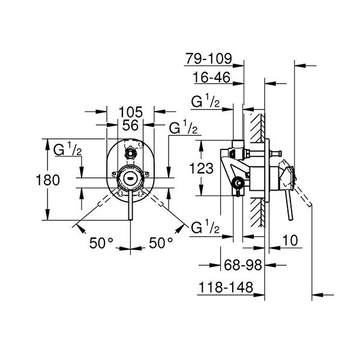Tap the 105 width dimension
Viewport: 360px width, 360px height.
tap(130, 111)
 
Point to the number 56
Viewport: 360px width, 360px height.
tap(130, 125)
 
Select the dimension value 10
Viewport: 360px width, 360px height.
tap(289, 240)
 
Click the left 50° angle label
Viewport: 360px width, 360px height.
tap(101, 243)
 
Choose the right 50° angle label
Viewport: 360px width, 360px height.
tap(161, 243)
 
